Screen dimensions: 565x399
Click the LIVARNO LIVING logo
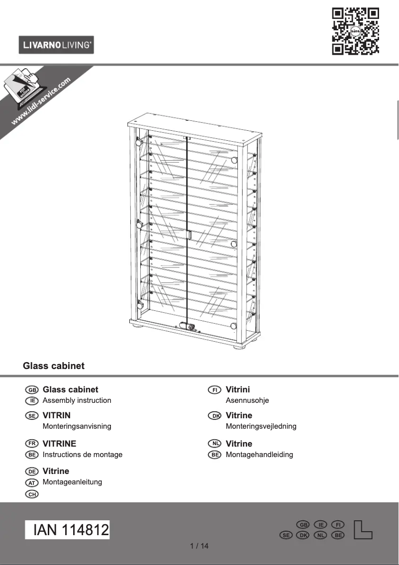(56, 45)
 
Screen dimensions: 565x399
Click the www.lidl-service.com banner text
(41, 101)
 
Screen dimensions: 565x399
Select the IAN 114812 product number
(68, 530)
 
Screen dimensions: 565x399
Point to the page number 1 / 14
(199, 546)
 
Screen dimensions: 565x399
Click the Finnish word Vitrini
(238, 389)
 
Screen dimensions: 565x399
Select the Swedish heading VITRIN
(57, 415)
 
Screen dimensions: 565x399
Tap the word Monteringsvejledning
(261, 426)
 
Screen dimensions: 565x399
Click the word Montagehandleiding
(259, 455)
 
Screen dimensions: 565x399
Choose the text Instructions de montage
(83, 455)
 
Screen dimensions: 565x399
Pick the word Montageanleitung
(72, 482)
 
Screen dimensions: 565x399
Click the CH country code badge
(32, 494)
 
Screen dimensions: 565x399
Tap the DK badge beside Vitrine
(215, 416)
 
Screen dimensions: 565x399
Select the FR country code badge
(32, 444)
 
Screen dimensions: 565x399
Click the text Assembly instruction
(77, 400)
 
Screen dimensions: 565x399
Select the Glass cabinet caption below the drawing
(54, 366)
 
